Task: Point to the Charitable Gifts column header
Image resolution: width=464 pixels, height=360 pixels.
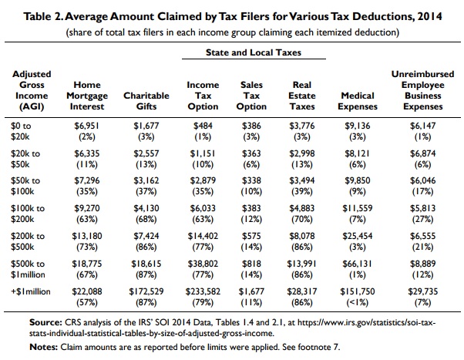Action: coord(146,96)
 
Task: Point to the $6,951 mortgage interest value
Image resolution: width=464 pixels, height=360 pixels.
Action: coord(85,124)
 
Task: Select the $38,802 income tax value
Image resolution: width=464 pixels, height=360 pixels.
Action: coord(203,261)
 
